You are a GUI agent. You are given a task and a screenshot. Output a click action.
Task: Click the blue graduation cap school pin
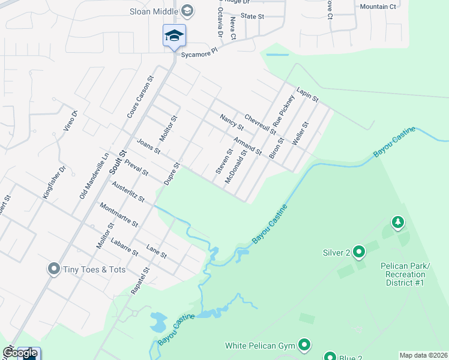[x=174, y=35]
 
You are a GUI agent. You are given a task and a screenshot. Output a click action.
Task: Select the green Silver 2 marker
[x=359, y=251]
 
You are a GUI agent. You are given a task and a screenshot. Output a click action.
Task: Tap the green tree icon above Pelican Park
[x=397, y=223]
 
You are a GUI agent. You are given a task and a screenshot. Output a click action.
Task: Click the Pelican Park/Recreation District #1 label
[x=406, y=274]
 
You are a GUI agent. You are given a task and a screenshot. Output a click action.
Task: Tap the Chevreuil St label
[x=260, y=124]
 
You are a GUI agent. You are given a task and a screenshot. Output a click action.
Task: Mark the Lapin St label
[x=307, y=94]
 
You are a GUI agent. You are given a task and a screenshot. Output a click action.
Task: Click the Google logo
[x=20, y=353]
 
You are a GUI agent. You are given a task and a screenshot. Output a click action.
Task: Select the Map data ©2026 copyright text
[x=424, y=355]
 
